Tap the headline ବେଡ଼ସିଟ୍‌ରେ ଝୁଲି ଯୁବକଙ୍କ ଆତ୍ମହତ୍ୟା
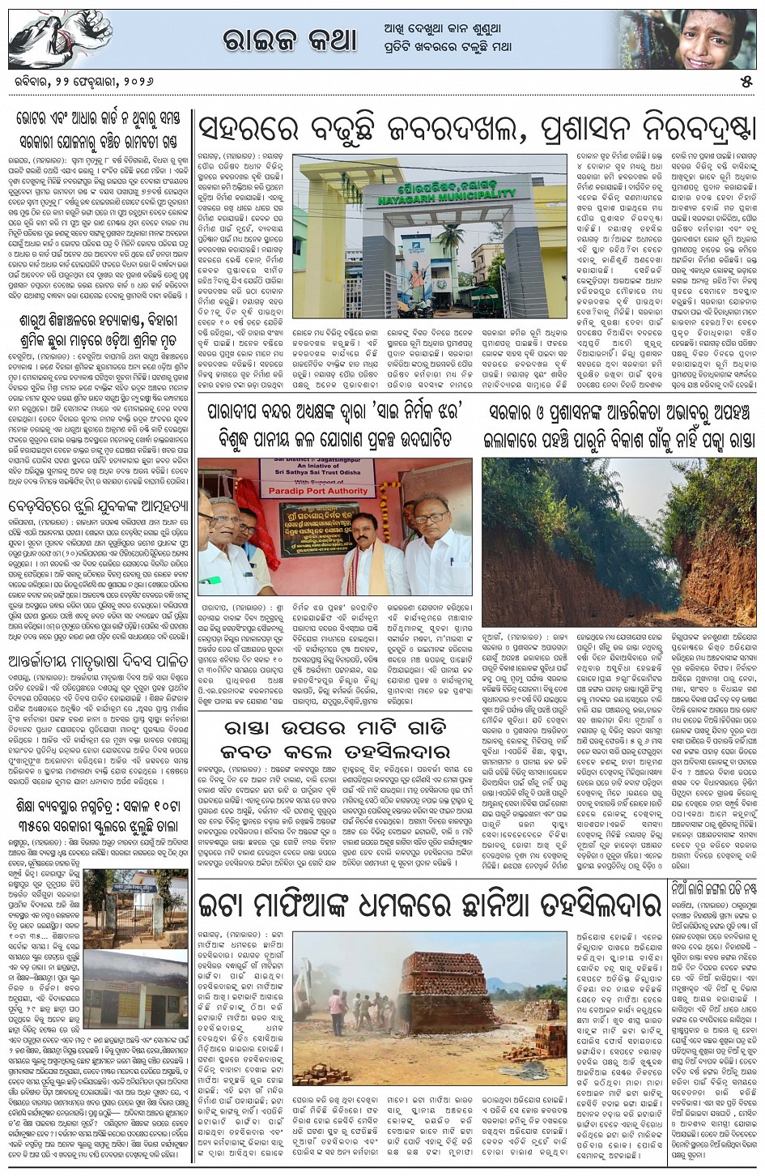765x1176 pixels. pyautogui.click(x=96, y=508)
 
